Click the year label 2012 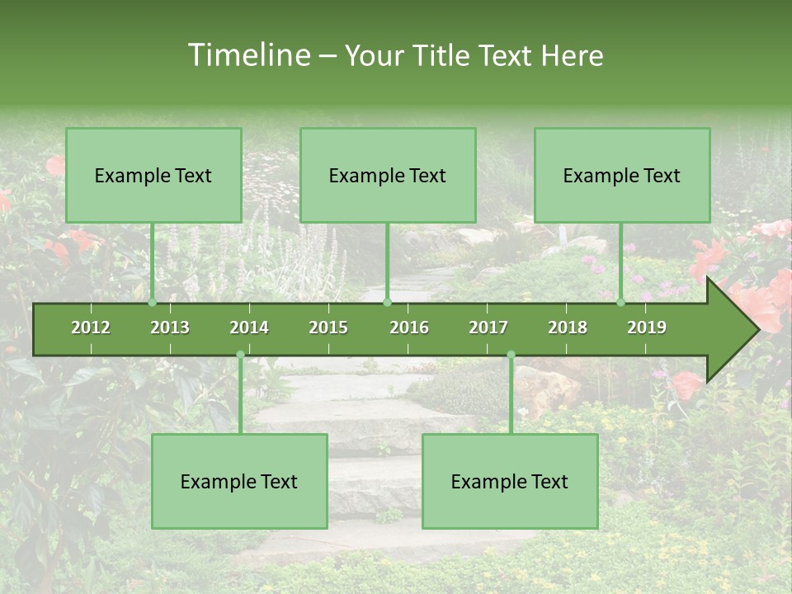91,328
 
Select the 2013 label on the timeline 170,328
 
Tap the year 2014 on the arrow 249,328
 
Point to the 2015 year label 328,328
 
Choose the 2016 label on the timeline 409,328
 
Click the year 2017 488,328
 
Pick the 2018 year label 568,328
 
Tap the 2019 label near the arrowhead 647,328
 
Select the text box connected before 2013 153,175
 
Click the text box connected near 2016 388,175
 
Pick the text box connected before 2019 622,175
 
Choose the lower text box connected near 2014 239,481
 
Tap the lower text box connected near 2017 510,481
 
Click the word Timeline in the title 247,55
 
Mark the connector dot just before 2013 152,303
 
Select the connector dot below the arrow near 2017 511,355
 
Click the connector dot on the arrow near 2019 620,303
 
